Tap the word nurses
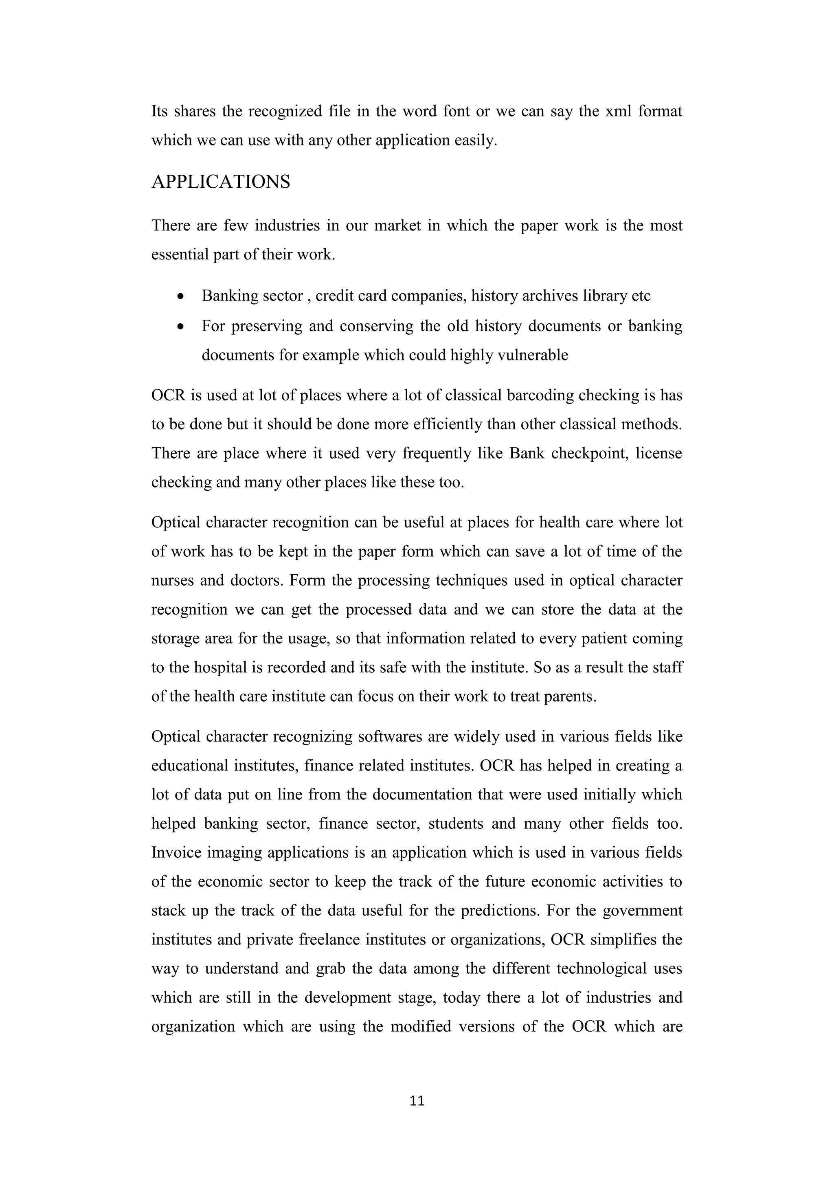173,581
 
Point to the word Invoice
176,853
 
